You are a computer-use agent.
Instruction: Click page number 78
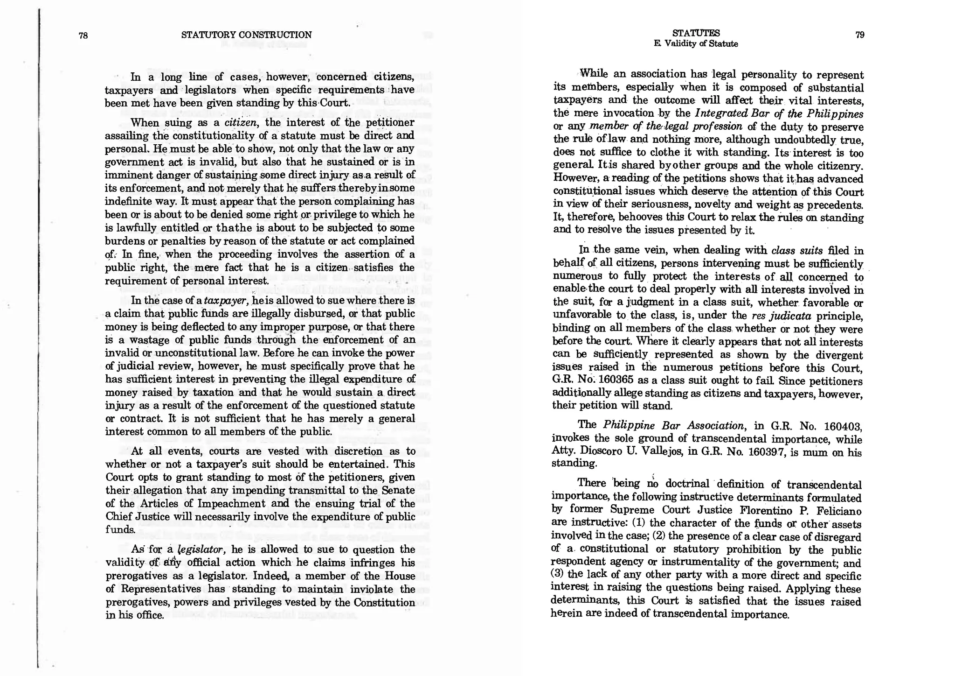83,35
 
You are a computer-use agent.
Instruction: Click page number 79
860,35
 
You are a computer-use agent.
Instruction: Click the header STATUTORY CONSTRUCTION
246,35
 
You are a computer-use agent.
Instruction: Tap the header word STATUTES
696,33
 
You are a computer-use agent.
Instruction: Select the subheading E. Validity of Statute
696,44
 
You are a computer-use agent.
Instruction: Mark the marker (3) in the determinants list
558,575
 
